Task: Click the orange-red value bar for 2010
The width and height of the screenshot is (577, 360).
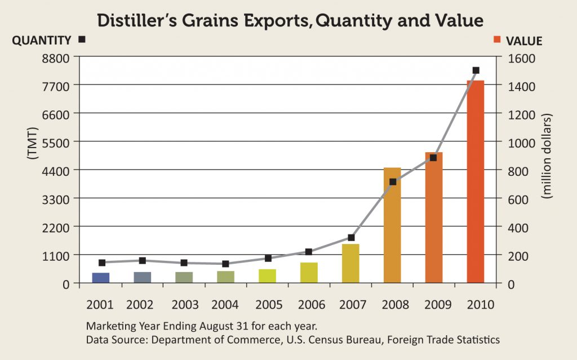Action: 476,181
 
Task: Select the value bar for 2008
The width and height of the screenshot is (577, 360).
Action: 392,225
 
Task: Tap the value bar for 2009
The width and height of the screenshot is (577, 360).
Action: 434,217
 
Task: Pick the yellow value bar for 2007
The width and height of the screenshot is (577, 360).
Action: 350,263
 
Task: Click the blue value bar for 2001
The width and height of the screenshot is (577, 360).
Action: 101,278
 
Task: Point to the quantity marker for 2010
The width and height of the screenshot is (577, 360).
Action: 476,70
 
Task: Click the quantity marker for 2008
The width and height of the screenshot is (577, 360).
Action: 393,182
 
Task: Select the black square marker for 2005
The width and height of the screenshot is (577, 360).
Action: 268,258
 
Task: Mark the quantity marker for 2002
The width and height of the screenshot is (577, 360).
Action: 143,261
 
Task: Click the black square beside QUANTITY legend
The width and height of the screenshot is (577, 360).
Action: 82,39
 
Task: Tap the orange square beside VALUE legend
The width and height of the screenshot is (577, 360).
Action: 496,39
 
